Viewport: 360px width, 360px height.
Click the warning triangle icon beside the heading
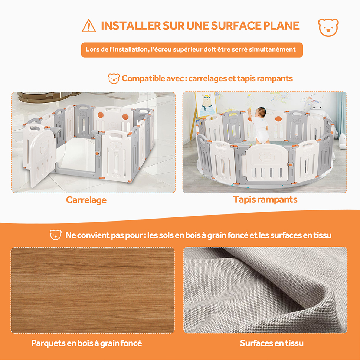click(x=89, y=26)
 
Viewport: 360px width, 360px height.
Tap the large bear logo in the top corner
click(x=328, y=27)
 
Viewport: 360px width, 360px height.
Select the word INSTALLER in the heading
click(x=131, y=26)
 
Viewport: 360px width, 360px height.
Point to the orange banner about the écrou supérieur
click(x=192, y=50)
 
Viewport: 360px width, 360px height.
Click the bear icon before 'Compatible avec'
click(x=114, y=79)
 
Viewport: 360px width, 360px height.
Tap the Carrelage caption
click(x=86, y=200)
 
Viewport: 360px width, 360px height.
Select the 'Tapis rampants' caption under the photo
click(x=265, y=200)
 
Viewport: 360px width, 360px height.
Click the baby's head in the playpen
click(x=261, y=112)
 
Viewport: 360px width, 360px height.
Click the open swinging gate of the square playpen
click(x=39, y=155)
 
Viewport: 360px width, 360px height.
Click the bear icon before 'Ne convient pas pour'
click(x=56, y=235)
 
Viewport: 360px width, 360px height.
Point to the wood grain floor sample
click(x=93, y=290)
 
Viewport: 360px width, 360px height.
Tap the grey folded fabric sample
click(x=265, y=290)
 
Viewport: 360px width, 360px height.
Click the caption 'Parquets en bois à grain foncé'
click(x=86, y=343)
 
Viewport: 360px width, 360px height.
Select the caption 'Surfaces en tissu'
click(x=272, y=343)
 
